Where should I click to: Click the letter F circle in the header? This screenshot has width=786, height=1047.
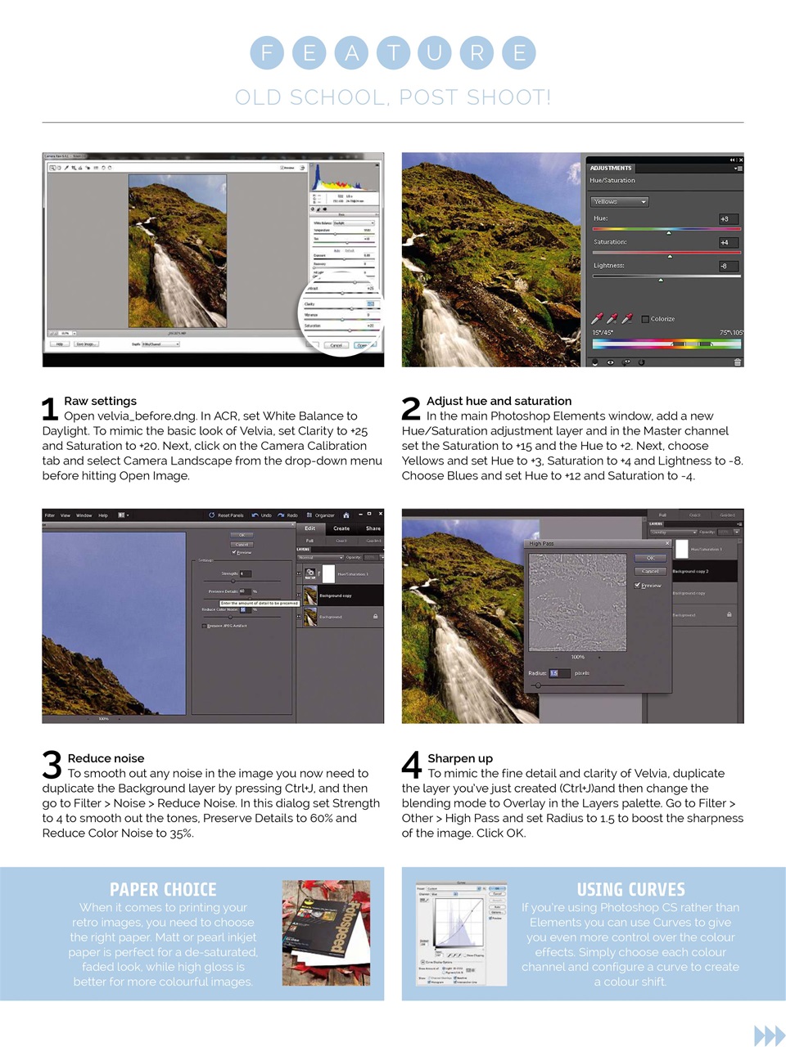(267, 53)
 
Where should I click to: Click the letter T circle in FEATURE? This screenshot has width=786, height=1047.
(393, 53)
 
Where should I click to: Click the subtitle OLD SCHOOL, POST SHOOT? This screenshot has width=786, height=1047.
(393, 97)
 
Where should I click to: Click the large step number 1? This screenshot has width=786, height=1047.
(50, 409)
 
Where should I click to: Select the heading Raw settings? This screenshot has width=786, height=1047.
(101, 401)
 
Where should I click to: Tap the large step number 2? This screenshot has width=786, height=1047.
(411, 409)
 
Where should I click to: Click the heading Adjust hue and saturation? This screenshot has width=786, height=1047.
(499, 401)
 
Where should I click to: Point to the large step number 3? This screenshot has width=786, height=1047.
(52, 766)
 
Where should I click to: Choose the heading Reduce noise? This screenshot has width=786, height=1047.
(106, 758)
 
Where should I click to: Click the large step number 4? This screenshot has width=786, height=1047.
(412, 766)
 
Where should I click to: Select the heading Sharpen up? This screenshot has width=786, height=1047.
(460, 758)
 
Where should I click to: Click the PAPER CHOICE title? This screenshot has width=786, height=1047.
(163, 890)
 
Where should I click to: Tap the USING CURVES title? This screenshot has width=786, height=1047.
(630, 890)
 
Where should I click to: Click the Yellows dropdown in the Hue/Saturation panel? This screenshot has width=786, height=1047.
(619, 201)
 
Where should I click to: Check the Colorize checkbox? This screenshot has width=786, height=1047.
(645, 319)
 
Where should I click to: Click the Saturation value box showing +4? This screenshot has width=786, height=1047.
(728, 242)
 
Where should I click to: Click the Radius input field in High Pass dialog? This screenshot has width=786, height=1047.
(554, 673)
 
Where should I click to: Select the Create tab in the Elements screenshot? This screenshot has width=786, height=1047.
(341, 528)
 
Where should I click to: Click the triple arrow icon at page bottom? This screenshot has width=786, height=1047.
(769, 1036)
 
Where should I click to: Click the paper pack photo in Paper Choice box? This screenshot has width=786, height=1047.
(326, 932)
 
